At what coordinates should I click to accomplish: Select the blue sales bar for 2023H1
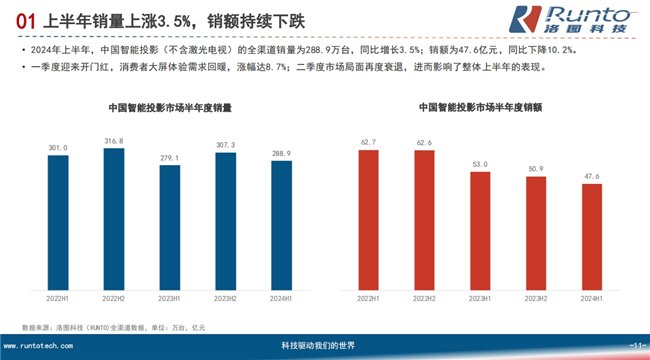point(170,229)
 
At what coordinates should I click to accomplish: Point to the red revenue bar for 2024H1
point(592,239)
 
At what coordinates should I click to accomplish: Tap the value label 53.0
point(480,163)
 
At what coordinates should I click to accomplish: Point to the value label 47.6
point(592,176)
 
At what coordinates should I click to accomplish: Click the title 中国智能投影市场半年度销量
point(170,106)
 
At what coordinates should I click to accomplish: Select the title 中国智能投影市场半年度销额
point(480,106)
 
